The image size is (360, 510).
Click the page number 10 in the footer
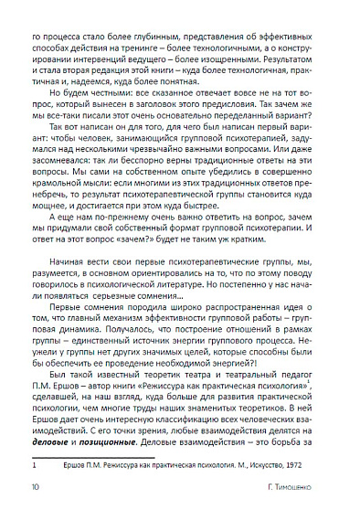(x=36, y=492)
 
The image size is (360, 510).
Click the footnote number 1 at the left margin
(x=35, y=464)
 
